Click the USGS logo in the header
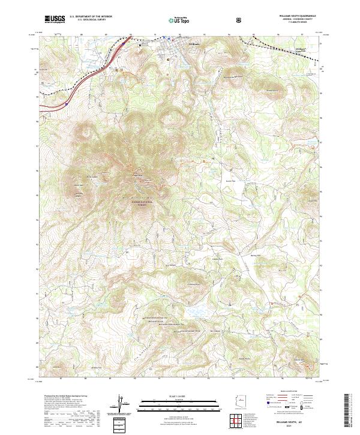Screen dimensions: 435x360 (55, 20)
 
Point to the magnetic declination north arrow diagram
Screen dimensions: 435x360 (122, 404)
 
